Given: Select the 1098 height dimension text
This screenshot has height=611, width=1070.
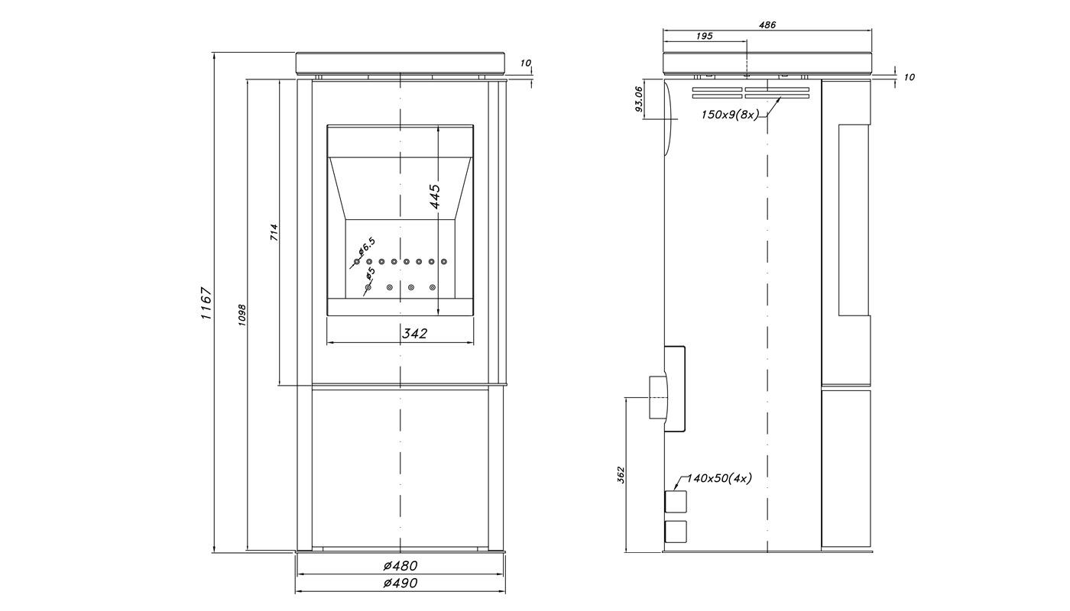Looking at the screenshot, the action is click(x=242, y=315).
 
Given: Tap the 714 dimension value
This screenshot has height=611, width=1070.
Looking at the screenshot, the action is click(x=274, y=232).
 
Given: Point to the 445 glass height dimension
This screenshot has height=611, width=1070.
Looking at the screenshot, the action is click(x=435, y=196).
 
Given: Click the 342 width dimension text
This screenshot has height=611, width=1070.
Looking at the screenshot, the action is click(x=414, y=333).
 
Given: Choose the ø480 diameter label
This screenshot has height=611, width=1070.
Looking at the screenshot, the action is click(x=400, y=566).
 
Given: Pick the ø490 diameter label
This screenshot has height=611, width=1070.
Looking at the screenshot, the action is click(x=400, y=583).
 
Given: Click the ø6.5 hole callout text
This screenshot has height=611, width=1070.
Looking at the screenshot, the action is click(x=367, y=245).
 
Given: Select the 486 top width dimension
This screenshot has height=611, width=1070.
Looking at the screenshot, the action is click(x=767, y=24).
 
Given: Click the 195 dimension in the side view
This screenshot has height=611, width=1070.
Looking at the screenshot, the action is click(x=704, y=37).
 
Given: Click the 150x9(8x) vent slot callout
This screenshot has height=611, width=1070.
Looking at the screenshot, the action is click(x=730, y=115).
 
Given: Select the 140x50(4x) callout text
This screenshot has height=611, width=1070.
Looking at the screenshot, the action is click(x=719, y=478).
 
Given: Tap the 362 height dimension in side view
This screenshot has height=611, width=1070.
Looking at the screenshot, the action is click(x=621, y=475).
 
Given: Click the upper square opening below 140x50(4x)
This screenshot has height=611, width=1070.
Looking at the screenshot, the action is click(x=676, y=501).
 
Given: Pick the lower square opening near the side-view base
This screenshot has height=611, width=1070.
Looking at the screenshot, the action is click(x=676, y=532).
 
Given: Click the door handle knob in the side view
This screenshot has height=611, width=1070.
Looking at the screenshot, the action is click(x=657, y=397).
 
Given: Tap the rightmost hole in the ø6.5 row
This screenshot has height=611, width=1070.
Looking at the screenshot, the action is click(x=444, y=261).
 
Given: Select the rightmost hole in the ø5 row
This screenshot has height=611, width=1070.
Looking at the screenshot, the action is click(x=433, y=287).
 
